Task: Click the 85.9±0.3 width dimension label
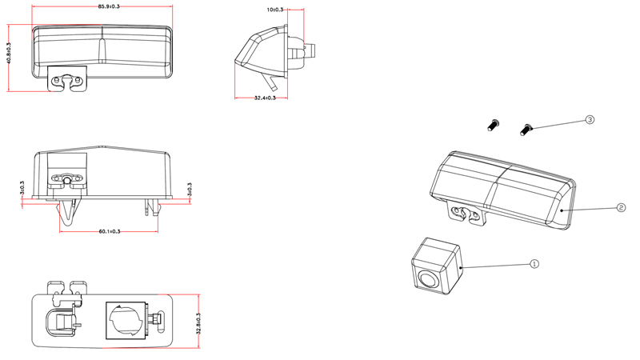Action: pyautogui.click(x=109, y=6)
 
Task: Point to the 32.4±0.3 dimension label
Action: pyautogui.click(x=265, y=98)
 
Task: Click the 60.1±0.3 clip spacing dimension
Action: pyautogui.click(x=110, y=231)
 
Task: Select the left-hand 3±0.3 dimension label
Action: pyautogui.click(x=22, y=189)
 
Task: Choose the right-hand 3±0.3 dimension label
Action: pyautogui.click(x=190, y=189)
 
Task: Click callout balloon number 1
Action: pyautogui.click(x=535, y=263)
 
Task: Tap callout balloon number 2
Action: pyautogui.click(x=621, y=207)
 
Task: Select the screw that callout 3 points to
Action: pyautogui.click(x=526, y=128)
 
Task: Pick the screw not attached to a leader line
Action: pyautogui.click(x=494, y=125)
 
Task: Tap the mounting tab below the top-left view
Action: pyautogui.click(x=69, y=82)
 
